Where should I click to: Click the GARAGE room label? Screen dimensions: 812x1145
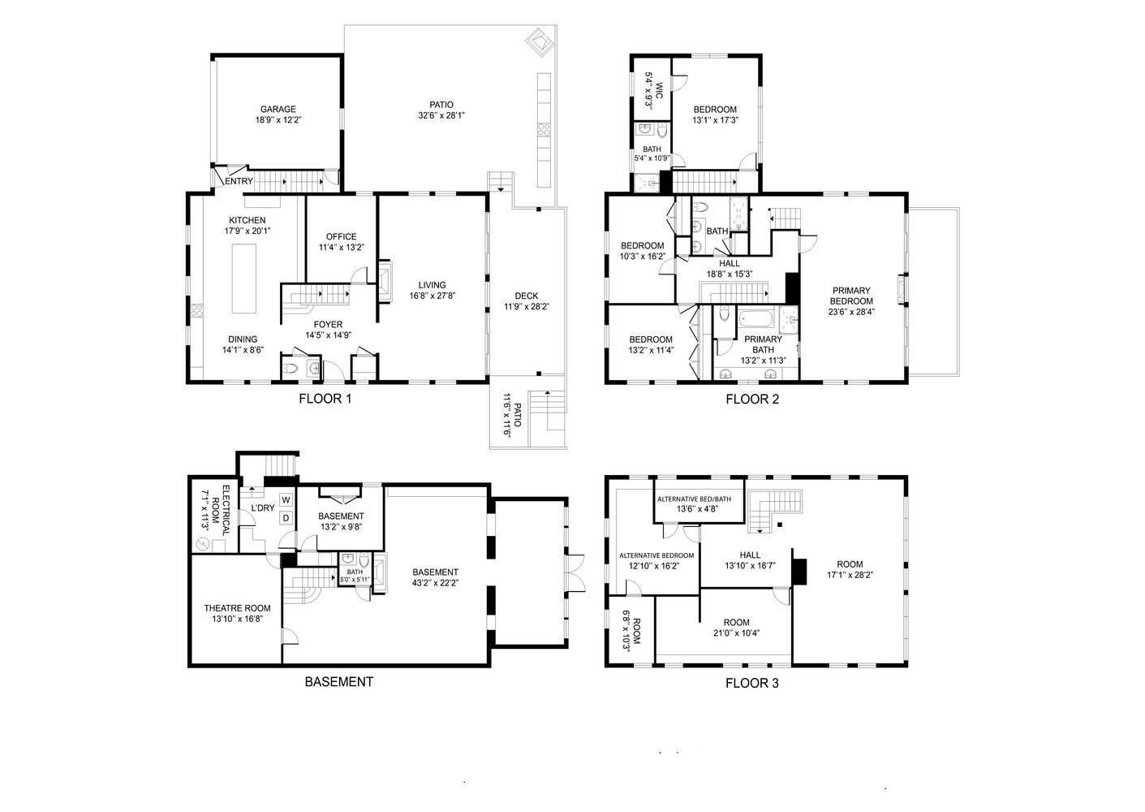coord(278,109)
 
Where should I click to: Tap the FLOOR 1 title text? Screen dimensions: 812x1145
coord(325,399)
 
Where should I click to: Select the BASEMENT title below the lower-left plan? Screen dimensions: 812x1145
coord(338,682)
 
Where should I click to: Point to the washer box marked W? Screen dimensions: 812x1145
coord(286,499)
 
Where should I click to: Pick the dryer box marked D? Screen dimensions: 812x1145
coord(286,517)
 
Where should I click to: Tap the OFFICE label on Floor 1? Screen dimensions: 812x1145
coord(341,237)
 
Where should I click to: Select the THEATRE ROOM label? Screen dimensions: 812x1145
coord(237,608)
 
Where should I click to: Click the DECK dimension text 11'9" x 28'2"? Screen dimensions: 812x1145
coord(526,307)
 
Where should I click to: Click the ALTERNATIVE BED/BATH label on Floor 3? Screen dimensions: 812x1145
coord(694,499)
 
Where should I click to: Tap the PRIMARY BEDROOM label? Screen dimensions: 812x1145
coord(850,296)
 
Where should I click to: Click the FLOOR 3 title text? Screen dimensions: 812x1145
coord(751,684)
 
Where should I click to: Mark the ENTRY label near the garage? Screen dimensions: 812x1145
coord(239,181)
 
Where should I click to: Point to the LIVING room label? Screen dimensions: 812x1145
coord(432,285)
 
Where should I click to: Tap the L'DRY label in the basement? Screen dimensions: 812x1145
coord(262,508)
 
